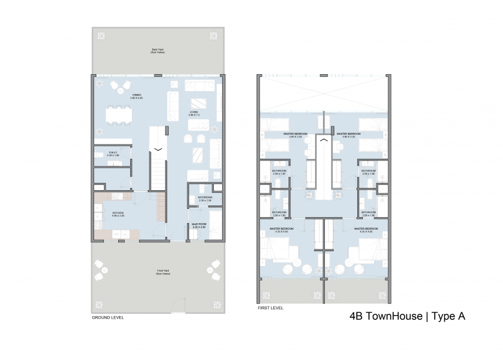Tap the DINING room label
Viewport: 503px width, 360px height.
pyautogui.click(x=137, y=96)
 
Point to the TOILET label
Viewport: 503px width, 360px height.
pyautogui.click(x=113, y=154)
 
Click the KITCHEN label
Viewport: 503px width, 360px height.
pyautogui.click(x=118, y=214)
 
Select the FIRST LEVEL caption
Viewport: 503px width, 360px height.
pyautogui.click(x=270, y=308)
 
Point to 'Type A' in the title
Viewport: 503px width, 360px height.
pyautogui.click(x=449, y=317)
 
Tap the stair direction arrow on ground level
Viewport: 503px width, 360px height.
pyautogui.click(x=158, y=148)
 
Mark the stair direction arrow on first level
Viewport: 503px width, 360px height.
pyautogui.click(x=324, y=141)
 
